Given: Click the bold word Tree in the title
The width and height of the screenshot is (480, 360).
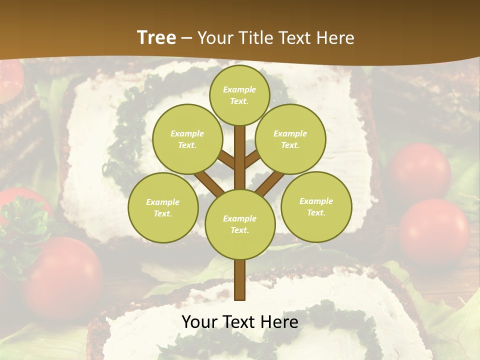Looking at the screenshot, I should [x=156, y=37].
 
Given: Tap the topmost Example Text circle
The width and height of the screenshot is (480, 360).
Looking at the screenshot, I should [x=239, y=95].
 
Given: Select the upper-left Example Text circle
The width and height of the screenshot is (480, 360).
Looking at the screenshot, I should [x=187, y=139].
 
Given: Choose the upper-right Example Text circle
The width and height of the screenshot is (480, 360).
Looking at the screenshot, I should [x=290, y=139].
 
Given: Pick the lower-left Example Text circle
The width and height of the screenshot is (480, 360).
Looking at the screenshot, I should [x=163, y=207].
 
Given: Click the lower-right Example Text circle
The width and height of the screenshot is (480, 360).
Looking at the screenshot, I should [x=316, y=206].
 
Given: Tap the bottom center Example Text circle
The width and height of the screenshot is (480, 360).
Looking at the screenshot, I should [x=239, y=224].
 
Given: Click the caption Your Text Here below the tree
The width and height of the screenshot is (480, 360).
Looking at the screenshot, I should [x=239, y=322].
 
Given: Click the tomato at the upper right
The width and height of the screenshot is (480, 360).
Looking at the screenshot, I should [x=419, y=170].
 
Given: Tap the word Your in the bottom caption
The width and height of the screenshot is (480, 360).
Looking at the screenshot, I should [x=199, y=322].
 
